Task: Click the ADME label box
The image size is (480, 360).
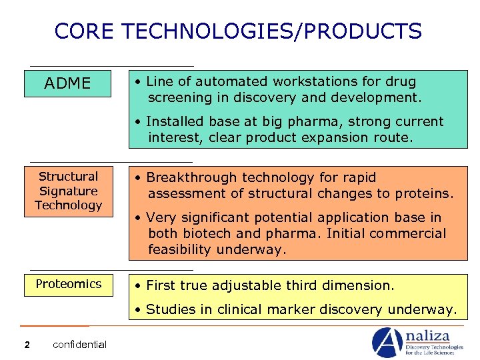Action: click(67, 83)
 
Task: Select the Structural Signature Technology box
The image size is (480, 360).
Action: click(68, 191)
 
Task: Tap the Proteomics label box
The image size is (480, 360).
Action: click(69, 284)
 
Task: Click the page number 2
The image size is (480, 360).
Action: click(27, 345)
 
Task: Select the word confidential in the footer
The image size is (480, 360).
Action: click(79, 345)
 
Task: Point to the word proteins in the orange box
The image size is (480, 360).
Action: click(424, 194)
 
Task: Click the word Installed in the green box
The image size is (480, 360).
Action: click(174, 122)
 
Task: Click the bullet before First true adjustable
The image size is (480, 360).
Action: click(135, 286)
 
